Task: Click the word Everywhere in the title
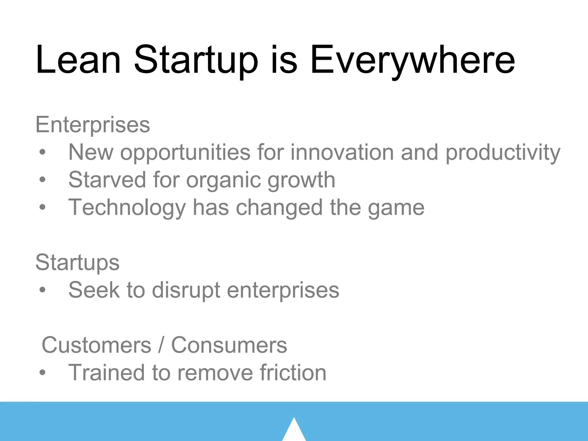point(412,60)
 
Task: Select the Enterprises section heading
point(92,125)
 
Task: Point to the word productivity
point(503,153)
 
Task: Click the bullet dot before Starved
point(42,180)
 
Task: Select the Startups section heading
point(77,262)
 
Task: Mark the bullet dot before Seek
point(42,290)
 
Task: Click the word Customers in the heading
point(96,345)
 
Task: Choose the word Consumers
point(229,345)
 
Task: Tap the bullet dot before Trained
point(42,373)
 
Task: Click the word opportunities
point(185,153)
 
